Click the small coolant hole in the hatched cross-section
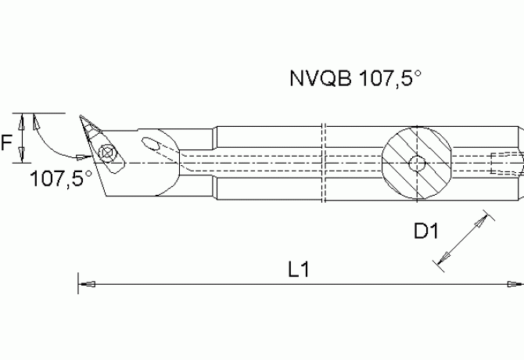coord(417,164)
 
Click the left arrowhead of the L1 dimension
coord(85,283)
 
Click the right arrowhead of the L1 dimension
coord(516,283)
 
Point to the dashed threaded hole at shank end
coord(503,164)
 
